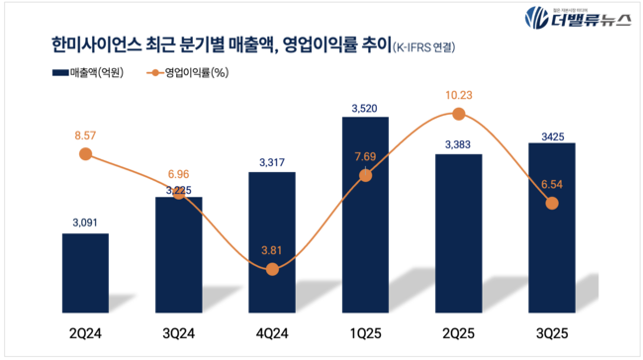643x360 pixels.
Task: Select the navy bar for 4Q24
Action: coord(271,237)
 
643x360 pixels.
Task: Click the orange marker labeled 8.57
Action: coord(85,154)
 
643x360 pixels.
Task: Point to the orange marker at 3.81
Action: coord(272,269)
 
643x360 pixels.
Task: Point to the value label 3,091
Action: coord(85,223)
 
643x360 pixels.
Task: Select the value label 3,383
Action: coord(458,143)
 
